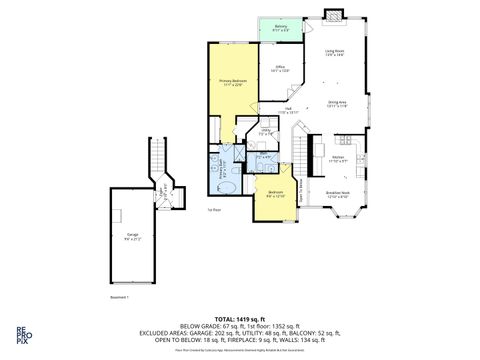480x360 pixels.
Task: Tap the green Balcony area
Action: [281, 29]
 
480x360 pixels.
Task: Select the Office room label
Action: [281, 69]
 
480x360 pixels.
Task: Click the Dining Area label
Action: [337, 103]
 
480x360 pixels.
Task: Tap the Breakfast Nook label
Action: [337, 194]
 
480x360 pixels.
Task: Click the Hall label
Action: [287, 111]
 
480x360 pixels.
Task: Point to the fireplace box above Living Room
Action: [333, 16]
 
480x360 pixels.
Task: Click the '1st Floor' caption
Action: [213, 210]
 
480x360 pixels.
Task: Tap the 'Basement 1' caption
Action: [120, 297]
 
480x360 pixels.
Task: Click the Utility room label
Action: [266, 131]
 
